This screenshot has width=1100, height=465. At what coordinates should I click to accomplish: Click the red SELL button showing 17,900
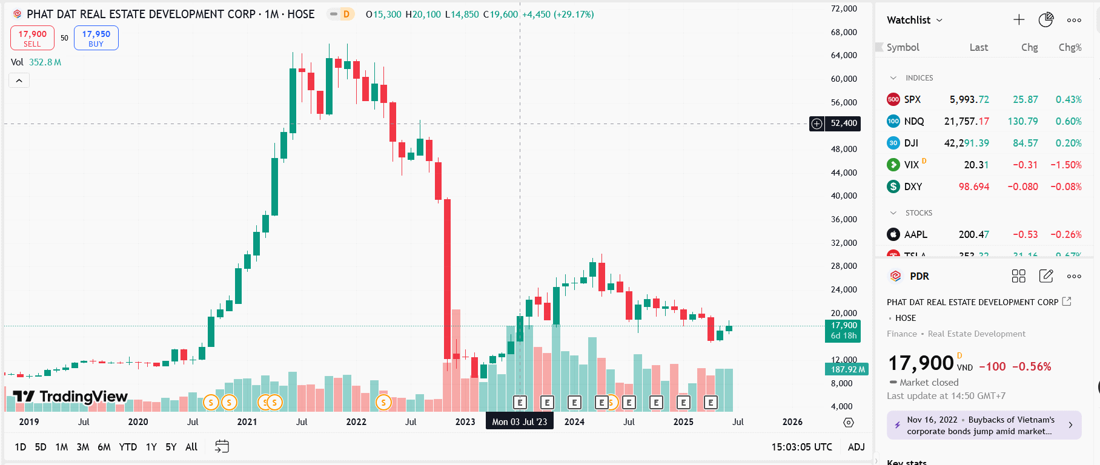tap(32, 38)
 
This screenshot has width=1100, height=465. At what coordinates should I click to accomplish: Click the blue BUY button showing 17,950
tap(96, 38)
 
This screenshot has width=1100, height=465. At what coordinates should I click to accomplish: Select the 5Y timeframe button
tap(171, 447)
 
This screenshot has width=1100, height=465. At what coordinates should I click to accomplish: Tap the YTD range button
tap(128, 447)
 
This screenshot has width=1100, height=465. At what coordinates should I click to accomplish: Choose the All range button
tap(191, 447)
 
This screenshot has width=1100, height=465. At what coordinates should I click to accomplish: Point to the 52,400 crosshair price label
tap(843, 124)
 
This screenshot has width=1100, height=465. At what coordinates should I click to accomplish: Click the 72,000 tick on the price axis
tap(844, 8)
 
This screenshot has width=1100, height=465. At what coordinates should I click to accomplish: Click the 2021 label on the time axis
tap(247, 422)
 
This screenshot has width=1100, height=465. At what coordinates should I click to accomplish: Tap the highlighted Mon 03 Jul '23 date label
tap(519, 422)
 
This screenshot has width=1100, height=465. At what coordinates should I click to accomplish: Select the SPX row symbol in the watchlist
tap(912, 99)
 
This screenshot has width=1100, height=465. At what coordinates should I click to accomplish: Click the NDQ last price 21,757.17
tap(966, 121)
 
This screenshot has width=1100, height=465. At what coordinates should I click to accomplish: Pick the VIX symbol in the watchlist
tap(911, 165)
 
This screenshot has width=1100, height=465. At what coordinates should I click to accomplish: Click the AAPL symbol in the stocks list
tap(915, 234)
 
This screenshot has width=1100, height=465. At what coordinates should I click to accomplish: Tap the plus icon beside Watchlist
tap(1019, 20)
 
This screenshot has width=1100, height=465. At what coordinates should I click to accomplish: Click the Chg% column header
tap(1070, 47)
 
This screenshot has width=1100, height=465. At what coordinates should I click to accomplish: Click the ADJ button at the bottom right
tap(856, 447)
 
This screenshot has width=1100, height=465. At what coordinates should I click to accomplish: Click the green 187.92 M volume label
tap(847, 369)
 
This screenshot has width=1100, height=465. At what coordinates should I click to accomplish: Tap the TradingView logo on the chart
tap(70, 397)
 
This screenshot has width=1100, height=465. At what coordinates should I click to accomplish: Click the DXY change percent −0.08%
tap(1065, 186)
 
